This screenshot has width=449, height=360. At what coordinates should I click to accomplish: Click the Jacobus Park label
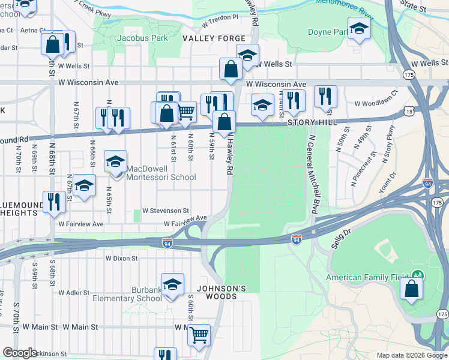coord(142,38)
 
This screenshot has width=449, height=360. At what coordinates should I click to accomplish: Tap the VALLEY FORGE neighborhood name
coord(206,38)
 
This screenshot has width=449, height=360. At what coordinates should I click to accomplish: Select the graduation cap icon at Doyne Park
coord(359,28)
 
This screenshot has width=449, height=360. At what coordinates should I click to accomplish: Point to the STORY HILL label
coord(309,122)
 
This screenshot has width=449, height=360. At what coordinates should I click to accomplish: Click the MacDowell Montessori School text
coord(161,177)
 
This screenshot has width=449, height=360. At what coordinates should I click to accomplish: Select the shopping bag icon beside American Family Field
coord(412,289)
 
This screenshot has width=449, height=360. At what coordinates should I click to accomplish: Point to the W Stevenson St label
coord(166,211)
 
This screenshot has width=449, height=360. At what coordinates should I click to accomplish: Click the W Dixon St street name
coord(122,259)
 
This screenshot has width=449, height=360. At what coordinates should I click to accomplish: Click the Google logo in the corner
coord(19,352)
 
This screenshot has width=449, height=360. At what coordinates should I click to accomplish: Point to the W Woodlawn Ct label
coord(376,101)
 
